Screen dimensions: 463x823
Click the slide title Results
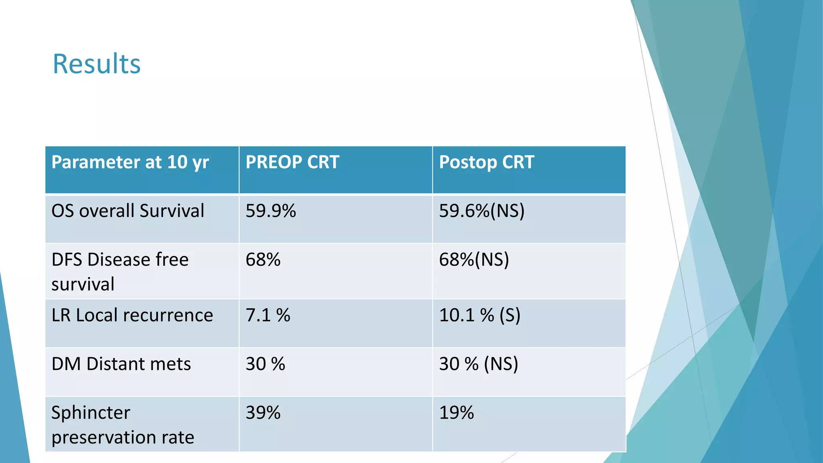click(96, 64)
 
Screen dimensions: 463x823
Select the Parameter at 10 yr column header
click(130, 162)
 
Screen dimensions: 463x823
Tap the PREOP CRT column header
click(292, 162)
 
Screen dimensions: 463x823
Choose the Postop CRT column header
click(486, 162)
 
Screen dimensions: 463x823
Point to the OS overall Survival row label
click(128, 211)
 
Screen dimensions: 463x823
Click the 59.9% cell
click(270, 211)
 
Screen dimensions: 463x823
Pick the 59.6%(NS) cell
click(481, 211)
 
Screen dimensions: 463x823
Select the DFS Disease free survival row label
click(120, 271)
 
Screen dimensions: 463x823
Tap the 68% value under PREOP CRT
click(263, 260)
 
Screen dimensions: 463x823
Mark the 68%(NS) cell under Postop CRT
click(474, 260)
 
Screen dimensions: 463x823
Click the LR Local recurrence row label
click(132, 315)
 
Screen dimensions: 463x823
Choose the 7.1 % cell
click(268, 315)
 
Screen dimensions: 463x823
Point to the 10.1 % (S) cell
click(479, 315)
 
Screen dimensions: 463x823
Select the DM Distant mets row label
click(121, 364)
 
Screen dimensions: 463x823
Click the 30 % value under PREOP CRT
click(265, 364)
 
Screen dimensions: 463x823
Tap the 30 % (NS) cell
click(478, 364)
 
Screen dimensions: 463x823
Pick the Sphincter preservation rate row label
click(123, 424)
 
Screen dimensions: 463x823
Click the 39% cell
click(263, 413)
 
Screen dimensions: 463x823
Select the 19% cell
click(456, 413)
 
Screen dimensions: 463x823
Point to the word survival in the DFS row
click(83, 284)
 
